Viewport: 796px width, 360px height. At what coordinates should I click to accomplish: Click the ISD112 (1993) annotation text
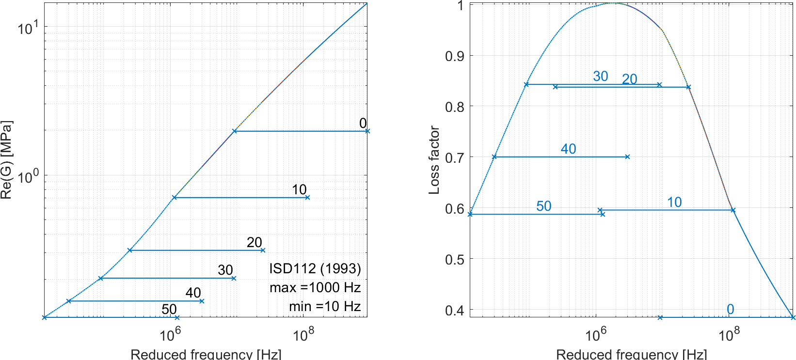point(315,269)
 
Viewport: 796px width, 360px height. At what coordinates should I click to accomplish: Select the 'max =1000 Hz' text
point(315,288)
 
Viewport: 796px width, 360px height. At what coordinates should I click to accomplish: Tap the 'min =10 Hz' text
point(325,307)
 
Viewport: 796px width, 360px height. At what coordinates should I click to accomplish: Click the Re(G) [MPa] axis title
point(6,160)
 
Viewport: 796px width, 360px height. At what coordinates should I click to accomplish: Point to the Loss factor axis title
point(434,160)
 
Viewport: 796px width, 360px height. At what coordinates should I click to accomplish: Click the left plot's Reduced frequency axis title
point(206,354)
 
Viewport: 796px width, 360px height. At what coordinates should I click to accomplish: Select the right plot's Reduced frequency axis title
point(631,354)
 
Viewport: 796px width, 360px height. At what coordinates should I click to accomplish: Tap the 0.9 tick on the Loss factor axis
point(455,56)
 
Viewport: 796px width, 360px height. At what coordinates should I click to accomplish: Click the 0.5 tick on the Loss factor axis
point(455,259)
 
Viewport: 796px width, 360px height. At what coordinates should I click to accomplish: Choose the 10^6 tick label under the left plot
point(170,335)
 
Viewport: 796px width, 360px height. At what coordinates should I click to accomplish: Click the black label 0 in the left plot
point(363,124)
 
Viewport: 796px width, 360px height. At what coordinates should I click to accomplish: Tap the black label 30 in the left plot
point(225,270)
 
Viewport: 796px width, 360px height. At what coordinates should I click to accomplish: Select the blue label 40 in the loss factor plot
point(568,149)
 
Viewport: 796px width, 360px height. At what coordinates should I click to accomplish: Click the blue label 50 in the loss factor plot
point(543,206)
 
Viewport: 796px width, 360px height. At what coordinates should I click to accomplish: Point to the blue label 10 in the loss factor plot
point(674,203)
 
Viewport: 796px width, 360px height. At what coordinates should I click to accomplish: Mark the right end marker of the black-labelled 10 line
point(307,197)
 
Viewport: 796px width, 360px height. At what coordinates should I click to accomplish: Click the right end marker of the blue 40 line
point(627,157)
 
